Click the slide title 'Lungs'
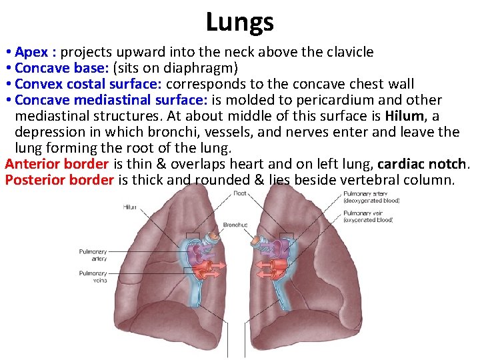239,22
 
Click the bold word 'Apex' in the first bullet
31,52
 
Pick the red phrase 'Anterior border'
57,164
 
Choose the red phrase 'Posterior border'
59,180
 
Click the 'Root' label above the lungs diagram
239,193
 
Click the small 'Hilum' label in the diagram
129,207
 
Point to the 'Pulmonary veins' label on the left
93,277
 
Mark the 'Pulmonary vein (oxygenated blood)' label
368,216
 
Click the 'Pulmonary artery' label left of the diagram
93,255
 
